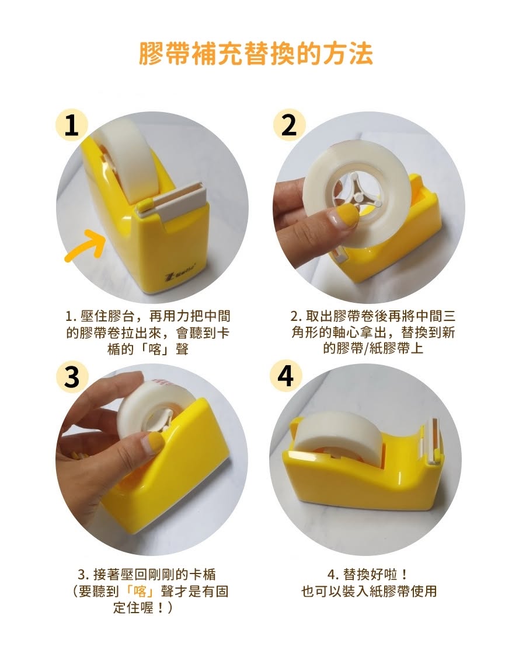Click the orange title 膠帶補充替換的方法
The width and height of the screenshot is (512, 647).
point(256,53)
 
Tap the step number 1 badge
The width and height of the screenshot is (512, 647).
point(72,125)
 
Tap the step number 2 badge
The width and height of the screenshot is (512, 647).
point(289,125)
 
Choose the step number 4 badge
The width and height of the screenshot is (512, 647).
point(285,376)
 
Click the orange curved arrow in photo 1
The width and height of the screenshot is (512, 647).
point(85,247)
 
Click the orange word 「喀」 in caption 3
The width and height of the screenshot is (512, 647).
point(140,591)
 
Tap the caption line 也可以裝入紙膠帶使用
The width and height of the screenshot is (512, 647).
point(369,591)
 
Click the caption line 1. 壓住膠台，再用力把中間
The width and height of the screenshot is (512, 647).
point(148,316)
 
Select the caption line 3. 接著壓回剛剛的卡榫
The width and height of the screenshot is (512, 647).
point(147,574)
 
